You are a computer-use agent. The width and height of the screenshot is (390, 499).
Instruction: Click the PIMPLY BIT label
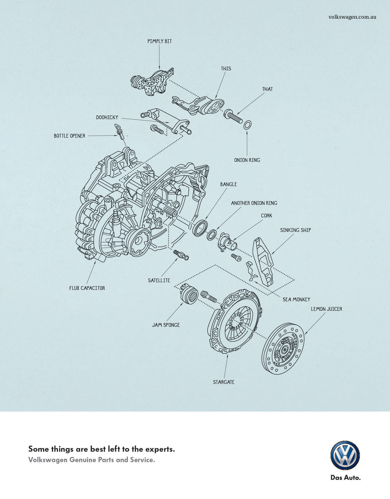(x=160, y=41)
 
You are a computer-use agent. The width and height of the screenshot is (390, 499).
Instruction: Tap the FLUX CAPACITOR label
(x=87, y=288)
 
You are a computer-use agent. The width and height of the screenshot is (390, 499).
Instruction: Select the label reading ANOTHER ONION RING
(x=254, y=203)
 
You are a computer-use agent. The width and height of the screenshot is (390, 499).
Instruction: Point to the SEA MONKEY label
(x=296, y=299)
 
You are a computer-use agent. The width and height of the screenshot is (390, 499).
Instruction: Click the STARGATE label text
(x=224, y=382)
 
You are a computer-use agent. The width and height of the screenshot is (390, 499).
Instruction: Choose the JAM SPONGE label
(x=166, y=325)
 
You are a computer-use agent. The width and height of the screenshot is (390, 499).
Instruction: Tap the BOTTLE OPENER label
(x=69, y=136)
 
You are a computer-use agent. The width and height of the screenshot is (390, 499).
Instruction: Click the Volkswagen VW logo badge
(x=345, y=455)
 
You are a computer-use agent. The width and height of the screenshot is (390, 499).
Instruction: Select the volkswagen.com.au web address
(x=352, y=17)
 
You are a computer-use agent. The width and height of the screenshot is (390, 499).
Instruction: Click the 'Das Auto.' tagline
(x=345, y=478)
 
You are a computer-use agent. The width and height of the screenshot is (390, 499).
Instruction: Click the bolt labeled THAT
(x=233, y=116)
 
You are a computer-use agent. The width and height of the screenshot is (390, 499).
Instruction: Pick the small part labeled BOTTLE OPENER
(x=119, y=131)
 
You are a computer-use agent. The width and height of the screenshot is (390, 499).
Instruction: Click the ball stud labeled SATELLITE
(x=181, y=255)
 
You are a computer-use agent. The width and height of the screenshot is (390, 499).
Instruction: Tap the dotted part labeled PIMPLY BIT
(x=152, y=82)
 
